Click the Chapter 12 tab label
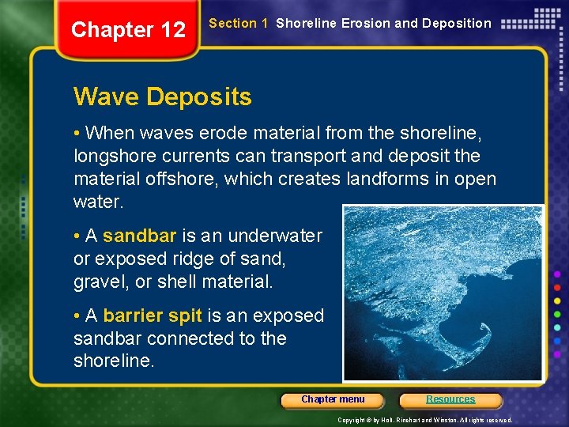[x=128, y=30]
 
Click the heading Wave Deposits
[x=162, y=97]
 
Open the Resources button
[x=450, y=399]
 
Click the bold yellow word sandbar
[x=140, y=236]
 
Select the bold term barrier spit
[x=153, y=316]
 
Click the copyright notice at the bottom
[x=424, y=420]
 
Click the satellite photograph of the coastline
[x=443, y=293]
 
